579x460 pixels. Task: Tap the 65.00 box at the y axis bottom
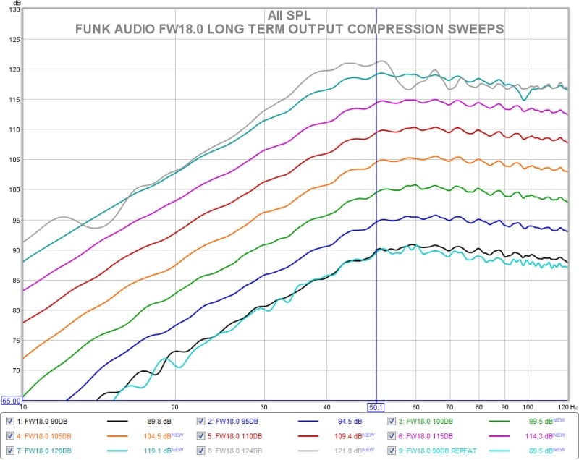(11, 401)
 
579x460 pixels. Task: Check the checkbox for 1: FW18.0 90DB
(9, 421)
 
